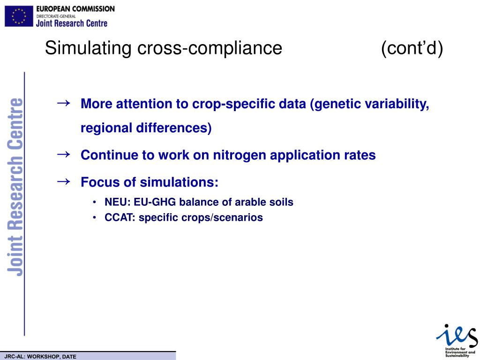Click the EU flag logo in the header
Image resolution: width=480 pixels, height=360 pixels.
tap(19, 16)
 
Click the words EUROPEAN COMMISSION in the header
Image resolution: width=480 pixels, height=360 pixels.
tap(75, 9)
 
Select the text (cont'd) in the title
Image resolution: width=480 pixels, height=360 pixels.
tap(412, 48)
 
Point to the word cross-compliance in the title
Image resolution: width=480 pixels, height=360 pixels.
tap(210, 48)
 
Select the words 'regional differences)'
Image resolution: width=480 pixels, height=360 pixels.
tap(146, 128)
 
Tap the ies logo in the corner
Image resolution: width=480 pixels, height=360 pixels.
tap(457, 334)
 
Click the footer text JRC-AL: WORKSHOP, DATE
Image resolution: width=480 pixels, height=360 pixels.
tap(40, 357)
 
